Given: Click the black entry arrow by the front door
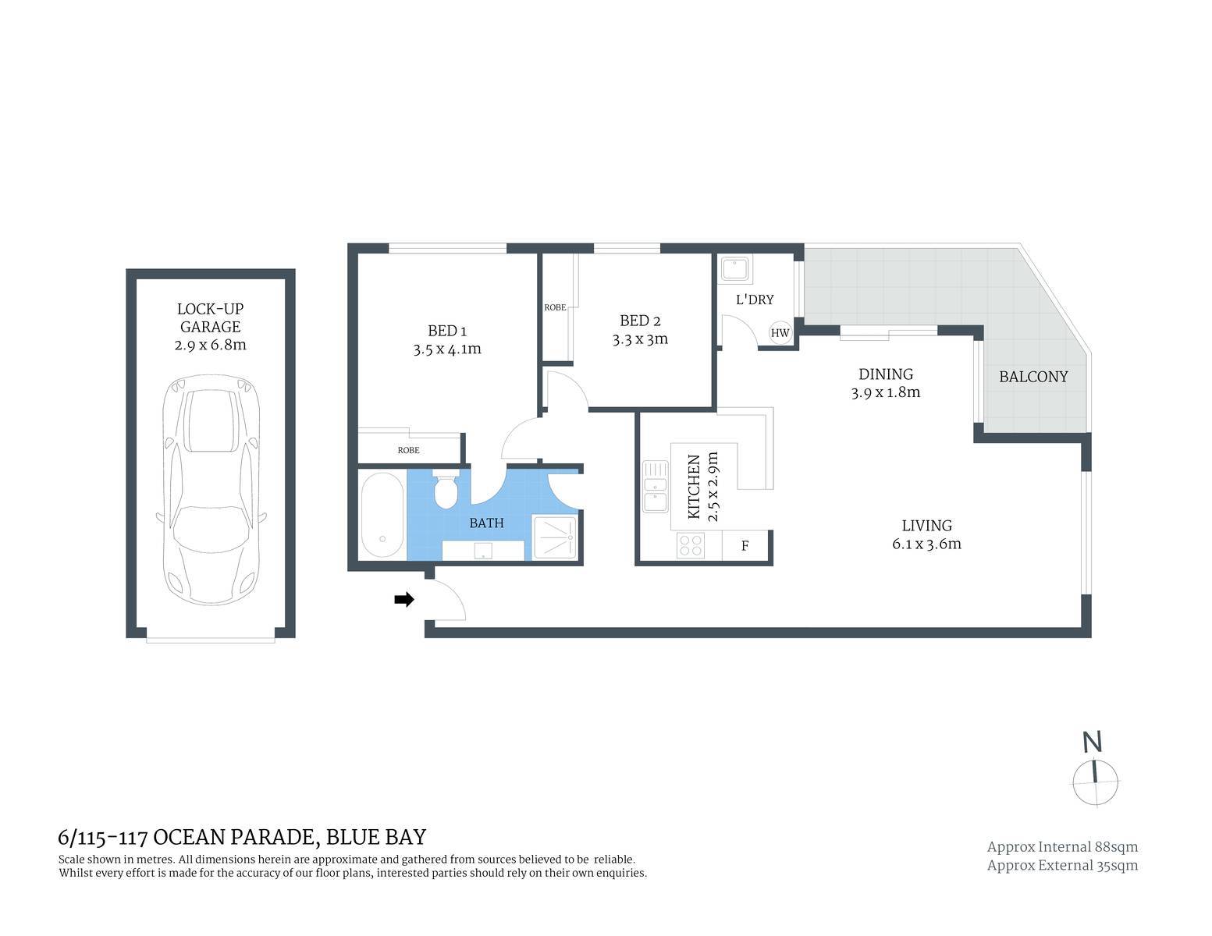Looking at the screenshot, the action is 403,599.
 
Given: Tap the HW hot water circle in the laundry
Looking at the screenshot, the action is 780,333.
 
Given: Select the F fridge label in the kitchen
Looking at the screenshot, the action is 745,546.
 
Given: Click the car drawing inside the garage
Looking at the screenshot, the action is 211,490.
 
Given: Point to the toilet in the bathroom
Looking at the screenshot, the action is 445,489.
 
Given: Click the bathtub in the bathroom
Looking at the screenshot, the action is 382,515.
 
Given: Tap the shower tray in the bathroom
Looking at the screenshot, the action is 555,537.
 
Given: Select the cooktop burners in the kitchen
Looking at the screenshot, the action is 691,544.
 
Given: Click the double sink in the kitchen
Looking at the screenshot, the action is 656,486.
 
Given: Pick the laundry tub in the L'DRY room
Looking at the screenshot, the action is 735,268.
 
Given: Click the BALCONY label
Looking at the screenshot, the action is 1033,377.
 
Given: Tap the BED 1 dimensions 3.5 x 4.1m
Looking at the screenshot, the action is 446,349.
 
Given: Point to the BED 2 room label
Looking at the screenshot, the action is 640,321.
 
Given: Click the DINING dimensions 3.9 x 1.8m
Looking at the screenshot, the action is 886,392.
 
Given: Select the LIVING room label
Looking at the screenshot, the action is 926,526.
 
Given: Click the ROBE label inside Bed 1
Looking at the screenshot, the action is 408,450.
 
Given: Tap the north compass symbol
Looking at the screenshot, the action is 1095,775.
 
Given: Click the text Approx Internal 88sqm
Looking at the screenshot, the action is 1062,847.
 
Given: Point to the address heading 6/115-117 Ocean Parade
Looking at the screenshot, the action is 242,837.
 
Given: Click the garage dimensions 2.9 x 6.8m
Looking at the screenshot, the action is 210,345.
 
